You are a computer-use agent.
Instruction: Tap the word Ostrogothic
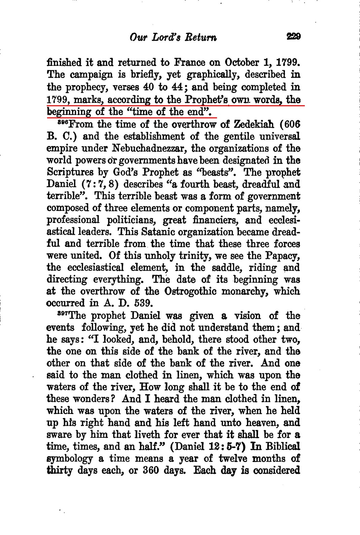190,291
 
